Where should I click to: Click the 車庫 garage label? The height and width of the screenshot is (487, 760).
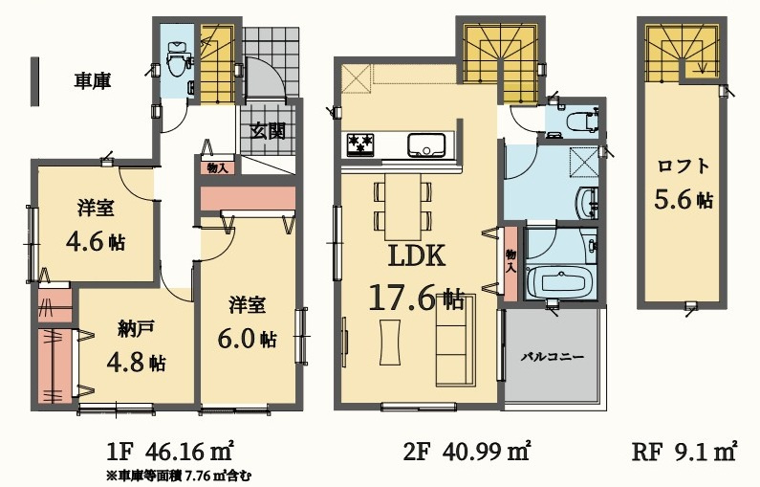[x=92, y=80]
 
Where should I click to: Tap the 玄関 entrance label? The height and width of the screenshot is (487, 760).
[x=268, y=130]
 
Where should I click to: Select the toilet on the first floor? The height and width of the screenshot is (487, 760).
[x=176, y=58]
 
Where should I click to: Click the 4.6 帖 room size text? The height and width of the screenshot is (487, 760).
[x=96, y=241]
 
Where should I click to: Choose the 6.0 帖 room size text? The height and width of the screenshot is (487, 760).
[x=248, y=339]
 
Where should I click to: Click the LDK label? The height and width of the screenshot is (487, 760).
[x=417, y=256]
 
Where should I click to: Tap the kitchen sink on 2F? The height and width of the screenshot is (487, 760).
[x=426, y=144]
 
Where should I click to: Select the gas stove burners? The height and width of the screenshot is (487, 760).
[x=360, y=144]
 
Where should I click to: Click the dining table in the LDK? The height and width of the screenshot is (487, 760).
[x=402, y=206]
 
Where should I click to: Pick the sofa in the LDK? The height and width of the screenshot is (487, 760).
[x=456, y=340]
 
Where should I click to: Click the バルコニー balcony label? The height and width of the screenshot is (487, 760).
[x=554, y=358]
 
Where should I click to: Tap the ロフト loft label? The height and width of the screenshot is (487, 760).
[x=684, y=166]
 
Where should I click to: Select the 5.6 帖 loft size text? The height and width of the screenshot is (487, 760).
[x=684, y=199]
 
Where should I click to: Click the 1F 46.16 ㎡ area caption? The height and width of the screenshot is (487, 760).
[x=169, y=452]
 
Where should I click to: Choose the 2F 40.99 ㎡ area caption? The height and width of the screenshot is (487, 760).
[x=467, y=452]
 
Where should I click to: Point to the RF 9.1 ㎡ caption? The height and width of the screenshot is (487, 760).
[x=684, y=452]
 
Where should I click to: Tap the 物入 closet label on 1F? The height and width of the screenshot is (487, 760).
[x=217, y=167]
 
